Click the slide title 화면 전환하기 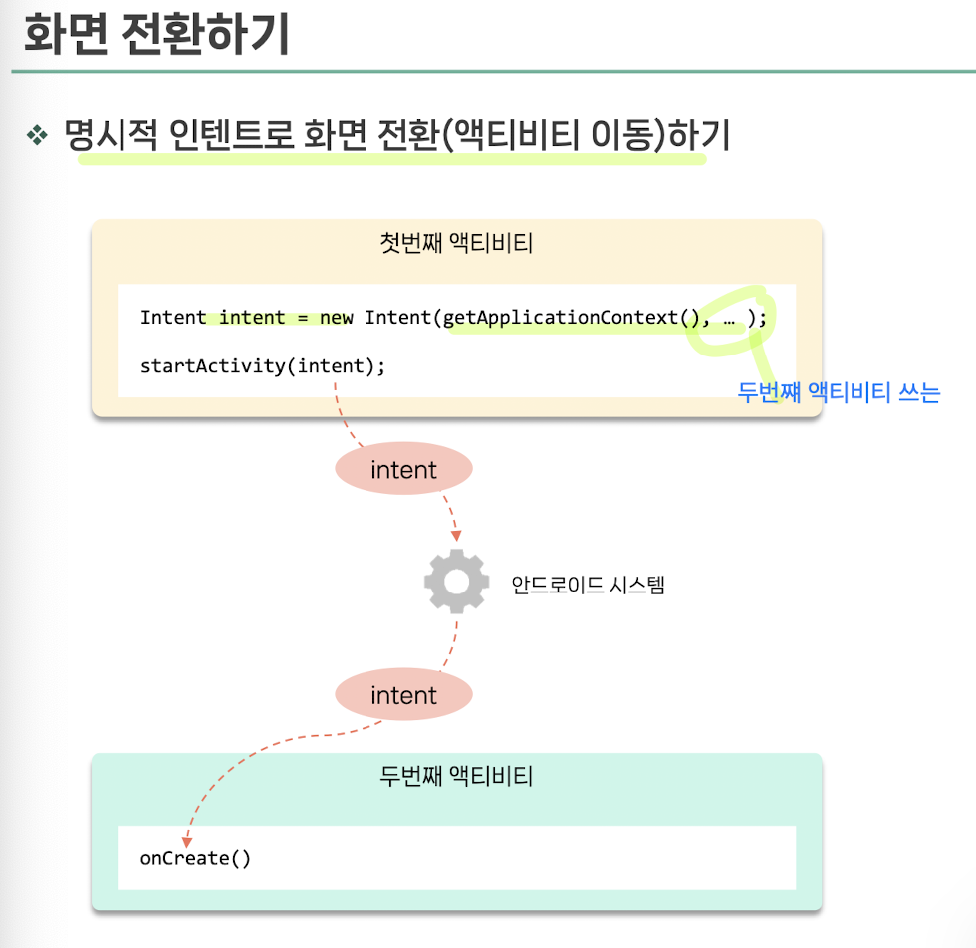pos(156,35)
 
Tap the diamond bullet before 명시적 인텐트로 pos(37,135)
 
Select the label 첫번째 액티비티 pos(456,243)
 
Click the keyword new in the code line pos(337,318)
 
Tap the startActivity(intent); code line pos(262,365)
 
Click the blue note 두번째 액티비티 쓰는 pos(839,393)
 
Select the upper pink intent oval pos(403,470)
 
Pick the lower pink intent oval pos(403,695)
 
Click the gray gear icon pos(456,582)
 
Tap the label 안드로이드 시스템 pos(588,585)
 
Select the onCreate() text pos(195,858)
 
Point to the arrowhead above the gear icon pos(455,532)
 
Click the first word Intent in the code pos(172,318)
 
